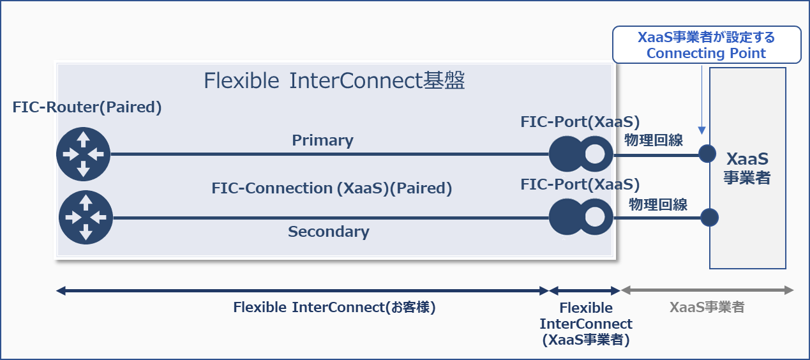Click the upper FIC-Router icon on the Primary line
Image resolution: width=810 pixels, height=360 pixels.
(83, 154)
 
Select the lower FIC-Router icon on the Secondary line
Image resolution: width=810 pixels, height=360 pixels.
(86, 218)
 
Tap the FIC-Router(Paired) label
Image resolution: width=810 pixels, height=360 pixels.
(87, 107)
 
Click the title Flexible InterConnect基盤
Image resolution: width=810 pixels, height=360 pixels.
(334, 81)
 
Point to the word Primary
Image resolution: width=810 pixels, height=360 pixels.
(322, 140)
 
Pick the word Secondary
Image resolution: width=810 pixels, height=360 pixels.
(328, 231)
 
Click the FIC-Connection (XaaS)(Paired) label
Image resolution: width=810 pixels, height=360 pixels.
(331, 188)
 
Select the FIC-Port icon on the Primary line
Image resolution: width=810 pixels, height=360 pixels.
(581, 154)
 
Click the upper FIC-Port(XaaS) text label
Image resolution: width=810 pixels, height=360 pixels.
(580, 122)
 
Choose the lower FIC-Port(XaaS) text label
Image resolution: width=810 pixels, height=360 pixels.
(580, 184)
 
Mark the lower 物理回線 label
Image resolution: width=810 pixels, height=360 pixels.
(657, 204)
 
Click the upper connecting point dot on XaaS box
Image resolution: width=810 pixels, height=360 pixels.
(707, 154)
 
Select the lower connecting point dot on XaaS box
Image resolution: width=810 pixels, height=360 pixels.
(709, 218)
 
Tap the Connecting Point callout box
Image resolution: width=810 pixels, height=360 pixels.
(706, 45)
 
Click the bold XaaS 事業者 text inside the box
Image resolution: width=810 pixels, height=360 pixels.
(747, 168)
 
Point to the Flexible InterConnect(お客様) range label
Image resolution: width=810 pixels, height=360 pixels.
(334, 307)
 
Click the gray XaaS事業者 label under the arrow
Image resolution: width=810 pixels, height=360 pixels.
(707, 307)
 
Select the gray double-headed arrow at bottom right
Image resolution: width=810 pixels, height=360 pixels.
(707, 291)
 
